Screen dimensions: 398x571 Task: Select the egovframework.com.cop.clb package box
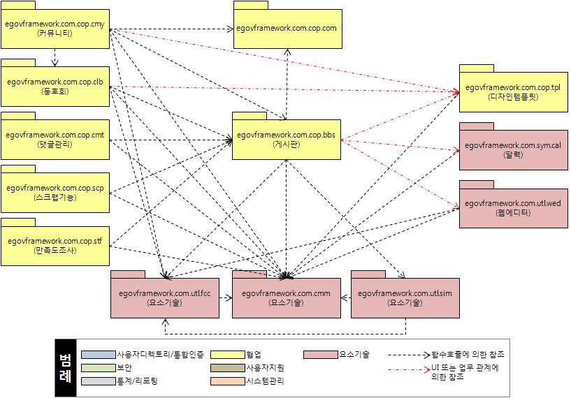click(x=55, y=86)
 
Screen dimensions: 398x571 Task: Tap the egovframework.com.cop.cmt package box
click(x=55, y=138)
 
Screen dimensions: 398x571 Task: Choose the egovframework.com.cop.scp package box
click(x=55, y=192)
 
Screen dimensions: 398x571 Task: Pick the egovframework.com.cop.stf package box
click(x=55, y=245)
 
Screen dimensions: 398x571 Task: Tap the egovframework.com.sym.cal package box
click(x=512, y=149)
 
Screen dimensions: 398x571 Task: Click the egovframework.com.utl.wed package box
click(x=512, y=207)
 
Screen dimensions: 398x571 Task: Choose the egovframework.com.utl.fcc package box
click(x=165, y=297)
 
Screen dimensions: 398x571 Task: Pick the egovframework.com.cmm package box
click(x=286, y=297)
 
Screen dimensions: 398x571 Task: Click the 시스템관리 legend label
click(x=265, y=381)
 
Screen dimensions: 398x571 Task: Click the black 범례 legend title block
click(x=65, y=367)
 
